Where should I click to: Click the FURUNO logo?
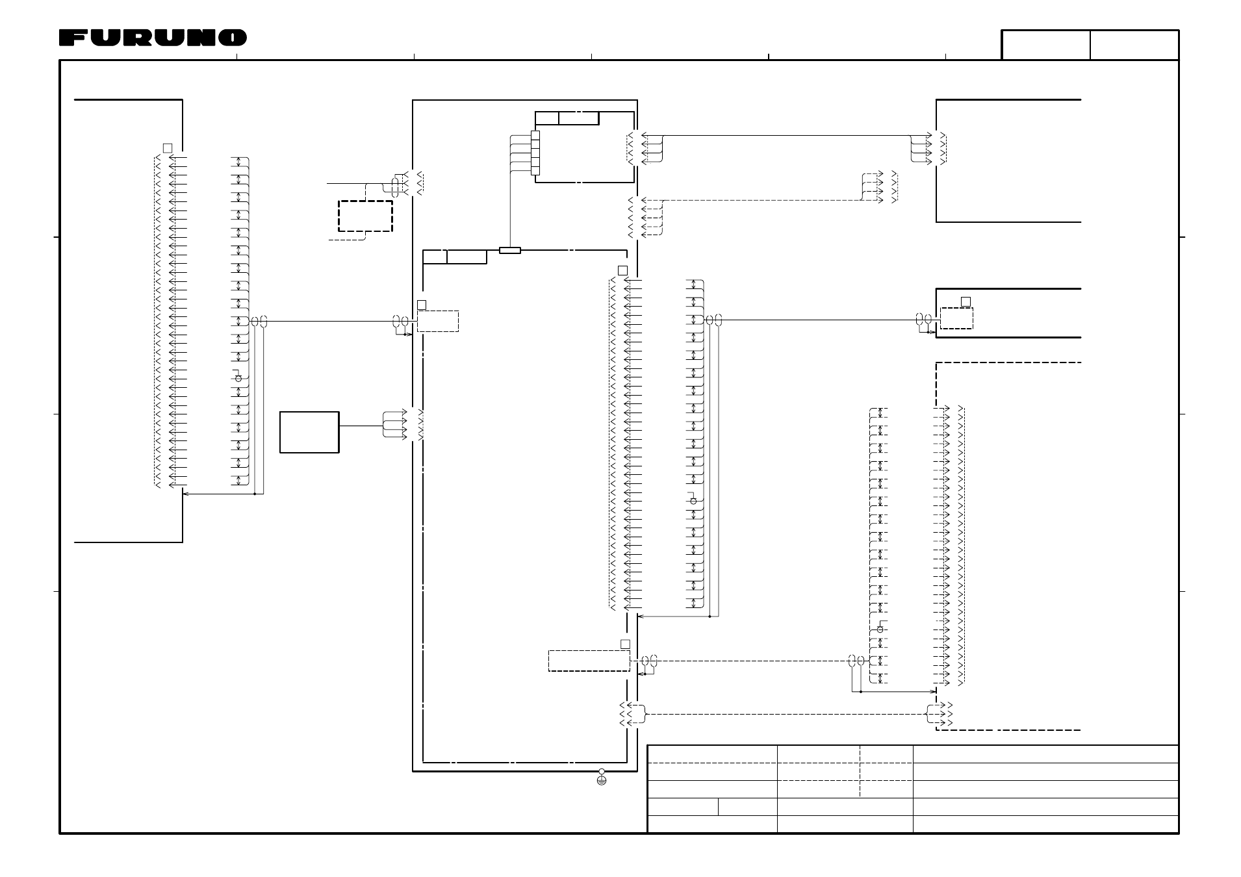click(x=153, y=38)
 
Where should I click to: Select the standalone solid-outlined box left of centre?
click(x=309, y=432)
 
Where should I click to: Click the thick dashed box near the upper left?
click(x=365, y=216)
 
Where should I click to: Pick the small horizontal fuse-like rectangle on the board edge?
click(x=510, y=250)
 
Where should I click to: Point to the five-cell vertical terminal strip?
click(x=535, y=153)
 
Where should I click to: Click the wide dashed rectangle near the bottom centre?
click(x=589, y=661)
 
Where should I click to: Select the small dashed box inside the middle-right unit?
click(x=957, y=318)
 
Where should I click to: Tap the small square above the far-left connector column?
click(x=168, y=148)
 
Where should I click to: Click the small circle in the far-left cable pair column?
click(x=238, y=378)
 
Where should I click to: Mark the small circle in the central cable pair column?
click(x=693, y=501)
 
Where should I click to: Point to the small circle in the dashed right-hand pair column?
click(x=880, y=629)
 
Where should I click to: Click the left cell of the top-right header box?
click(x=1046, y=45)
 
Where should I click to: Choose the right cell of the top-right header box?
click(x=1134, y=45)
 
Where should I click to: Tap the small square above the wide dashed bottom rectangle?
click(x=625, y=644)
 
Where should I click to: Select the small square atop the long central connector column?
click(x=622, y=270)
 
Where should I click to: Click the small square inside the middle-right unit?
click(x=966, y=301)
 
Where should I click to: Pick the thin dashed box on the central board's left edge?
click(x=438, y=322)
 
